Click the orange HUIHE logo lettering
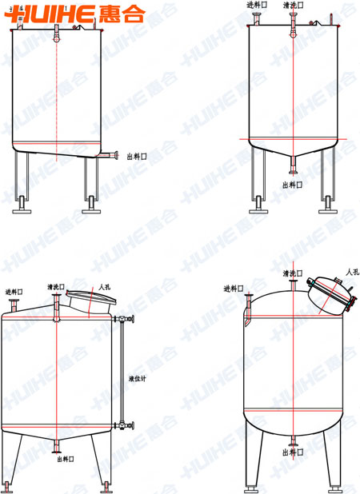tap(50, 14)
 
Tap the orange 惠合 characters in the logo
tap(122, 14)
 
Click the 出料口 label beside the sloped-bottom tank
tap(137, 157)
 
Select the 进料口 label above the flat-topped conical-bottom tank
tap(257, 5)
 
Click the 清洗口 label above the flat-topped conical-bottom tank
tap(294, 5)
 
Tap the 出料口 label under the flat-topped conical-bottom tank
tap(293, 185)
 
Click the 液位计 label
tap(138, 378)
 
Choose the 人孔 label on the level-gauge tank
tap(104, 287)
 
